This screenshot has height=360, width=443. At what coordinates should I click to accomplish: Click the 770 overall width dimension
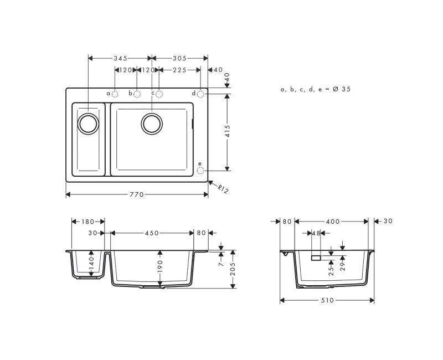coord(137,194)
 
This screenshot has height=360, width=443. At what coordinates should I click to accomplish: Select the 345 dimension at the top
coord(121,58)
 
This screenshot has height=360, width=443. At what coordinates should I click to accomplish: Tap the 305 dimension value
coord(179,58)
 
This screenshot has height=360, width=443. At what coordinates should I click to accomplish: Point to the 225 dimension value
coord(179,70)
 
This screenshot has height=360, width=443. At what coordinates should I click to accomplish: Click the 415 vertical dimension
coord(227,131)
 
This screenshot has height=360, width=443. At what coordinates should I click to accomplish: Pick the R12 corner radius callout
coord(222,189)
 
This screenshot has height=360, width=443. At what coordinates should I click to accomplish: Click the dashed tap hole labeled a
coord(115,94)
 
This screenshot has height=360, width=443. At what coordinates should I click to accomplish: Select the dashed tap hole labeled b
coord(137,94)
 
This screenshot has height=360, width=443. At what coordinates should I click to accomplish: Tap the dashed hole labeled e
coord(200,171)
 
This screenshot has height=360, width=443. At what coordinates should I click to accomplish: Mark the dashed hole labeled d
coord(200,94)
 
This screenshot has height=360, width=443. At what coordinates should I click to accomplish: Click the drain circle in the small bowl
coord(87,123)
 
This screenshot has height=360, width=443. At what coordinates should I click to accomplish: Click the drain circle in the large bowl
coord(152,123)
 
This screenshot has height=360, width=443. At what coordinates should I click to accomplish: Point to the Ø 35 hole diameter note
coord(316,89)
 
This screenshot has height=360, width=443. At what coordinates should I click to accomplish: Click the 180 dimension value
coord(88,222)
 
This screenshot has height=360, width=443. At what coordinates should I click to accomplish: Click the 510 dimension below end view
coord(327,300)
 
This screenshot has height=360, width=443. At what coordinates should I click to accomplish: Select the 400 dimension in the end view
coord(332,222)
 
